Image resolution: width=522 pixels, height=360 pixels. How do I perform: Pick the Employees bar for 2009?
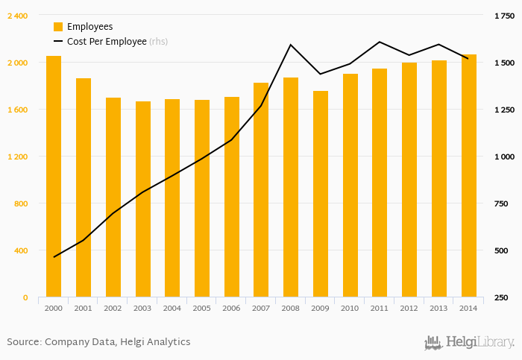[x=321, y=194]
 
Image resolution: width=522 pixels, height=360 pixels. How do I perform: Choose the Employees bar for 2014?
[x=468, y=176]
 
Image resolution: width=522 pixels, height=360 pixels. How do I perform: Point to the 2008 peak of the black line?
[x=291, y=45]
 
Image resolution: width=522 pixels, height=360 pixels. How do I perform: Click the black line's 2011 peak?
[x=380, y=42]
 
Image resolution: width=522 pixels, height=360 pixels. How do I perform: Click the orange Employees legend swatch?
[x=58, y=27]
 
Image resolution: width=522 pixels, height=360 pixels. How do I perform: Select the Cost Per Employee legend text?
[x=107, y=42]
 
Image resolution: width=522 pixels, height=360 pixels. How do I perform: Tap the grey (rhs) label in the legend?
[x=158, y=42]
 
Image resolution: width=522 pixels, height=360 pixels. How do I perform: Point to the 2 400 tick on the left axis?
[x=17, y=16]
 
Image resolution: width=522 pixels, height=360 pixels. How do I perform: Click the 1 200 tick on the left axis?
[x=17, y=157]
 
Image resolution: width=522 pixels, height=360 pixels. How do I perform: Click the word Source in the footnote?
[x=23, y=342]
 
